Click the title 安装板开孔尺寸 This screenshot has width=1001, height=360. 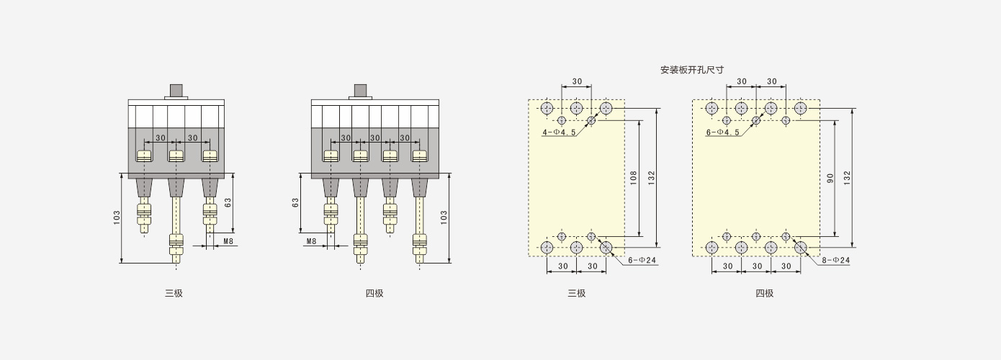coord(692,70)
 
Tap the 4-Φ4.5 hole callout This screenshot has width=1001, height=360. coord(559,132)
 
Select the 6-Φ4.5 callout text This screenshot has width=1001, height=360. coord(722,132)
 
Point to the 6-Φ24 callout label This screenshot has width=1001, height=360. coord(642,260)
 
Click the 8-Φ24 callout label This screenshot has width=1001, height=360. coord(836,260)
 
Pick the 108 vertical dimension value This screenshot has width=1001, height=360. coord(633,179)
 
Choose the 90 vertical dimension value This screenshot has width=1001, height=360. coord(830,179)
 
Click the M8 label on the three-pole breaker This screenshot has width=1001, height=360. coord(228,241)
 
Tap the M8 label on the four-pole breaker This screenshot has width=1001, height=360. coord(312,241)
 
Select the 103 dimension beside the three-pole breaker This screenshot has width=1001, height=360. coord(117,217)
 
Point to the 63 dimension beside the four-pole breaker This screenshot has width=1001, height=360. coord(295,203)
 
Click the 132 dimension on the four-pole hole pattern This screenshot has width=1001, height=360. coord(848,178)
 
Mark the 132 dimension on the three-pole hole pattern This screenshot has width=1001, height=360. coord(651,178)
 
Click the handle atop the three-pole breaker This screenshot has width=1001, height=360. coord(176,91)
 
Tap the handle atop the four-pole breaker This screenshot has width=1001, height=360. coord(360,91)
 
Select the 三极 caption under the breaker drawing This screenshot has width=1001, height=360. coord(174,294)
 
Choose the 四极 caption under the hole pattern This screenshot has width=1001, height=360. coord(765,294)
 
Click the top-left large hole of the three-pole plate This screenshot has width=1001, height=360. coord(547,108)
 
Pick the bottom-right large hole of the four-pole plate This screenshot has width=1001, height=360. coord(801,248)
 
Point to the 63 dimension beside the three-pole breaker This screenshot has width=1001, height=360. coord(228,203)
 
